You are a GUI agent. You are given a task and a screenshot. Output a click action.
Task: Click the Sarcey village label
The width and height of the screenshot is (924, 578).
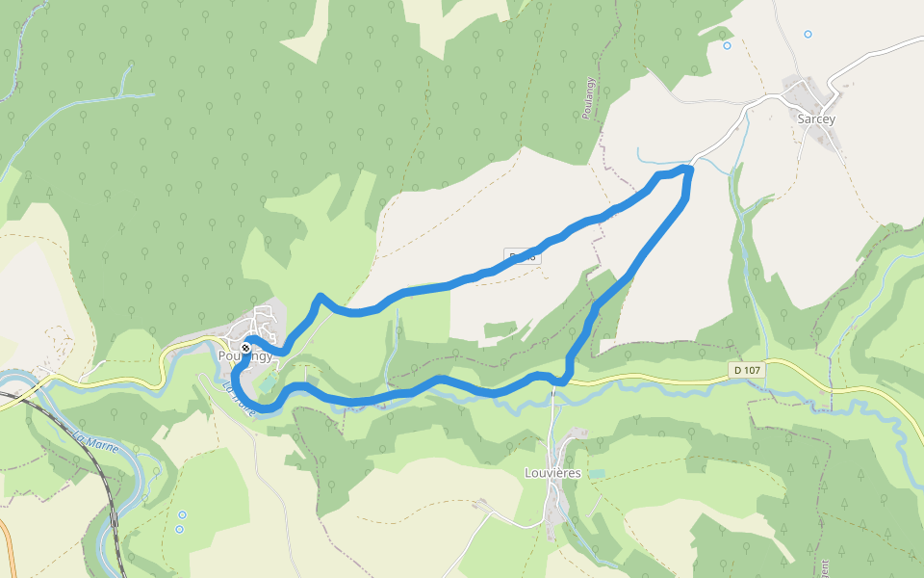click(816, 119)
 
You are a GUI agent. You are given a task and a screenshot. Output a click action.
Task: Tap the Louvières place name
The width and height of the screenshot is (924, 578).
click(554, 473)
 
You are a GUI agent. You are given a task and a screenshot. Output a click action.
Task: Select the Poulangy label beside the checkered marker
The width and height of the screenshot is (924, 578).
click(245, 355)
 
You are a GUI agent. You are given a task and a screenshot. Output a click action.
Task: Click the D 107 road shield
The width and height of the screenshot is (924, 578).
click(747, 369)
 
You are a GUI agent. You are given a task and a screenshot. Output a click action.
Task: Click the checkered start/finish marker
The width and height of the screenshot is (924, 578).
click(246, 347)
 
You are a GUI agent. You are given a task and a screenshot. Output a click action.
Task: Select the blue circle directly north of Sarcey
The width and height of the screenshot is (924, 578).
click(808, 34)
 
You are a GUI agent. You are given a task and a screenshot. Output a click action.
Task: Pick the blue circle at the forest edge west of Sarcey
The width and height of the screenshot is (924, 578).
click(727, 45)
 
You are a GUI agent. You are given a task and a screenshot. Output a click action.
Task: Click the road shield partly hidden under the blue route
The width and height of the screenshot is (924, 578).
click(522, 256)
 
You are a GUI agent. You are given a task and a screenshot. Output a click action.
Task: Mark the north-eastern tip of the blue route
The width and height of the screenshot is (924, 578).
click(687, 170)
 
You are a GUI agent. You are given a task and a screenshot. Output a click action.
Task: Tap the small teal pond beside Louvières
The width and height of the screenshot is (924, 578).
click(597, 473)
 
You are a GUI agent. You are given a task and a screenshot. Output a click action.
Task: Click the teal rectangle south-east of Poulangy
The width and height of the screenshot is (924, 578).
click(267, 383)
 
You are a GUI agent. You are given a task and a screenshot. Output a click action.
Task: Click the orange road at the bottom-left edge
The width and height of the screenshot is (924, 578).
click(8, 549)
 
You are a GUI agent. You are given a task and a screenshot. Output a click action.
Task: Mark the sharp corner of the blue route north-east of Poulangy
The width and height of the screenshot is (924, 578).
click(320, 297)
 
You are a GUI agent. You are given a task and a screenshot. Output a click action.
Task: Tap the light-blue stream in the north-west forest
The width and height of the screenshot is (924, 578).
click(106, 97)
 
